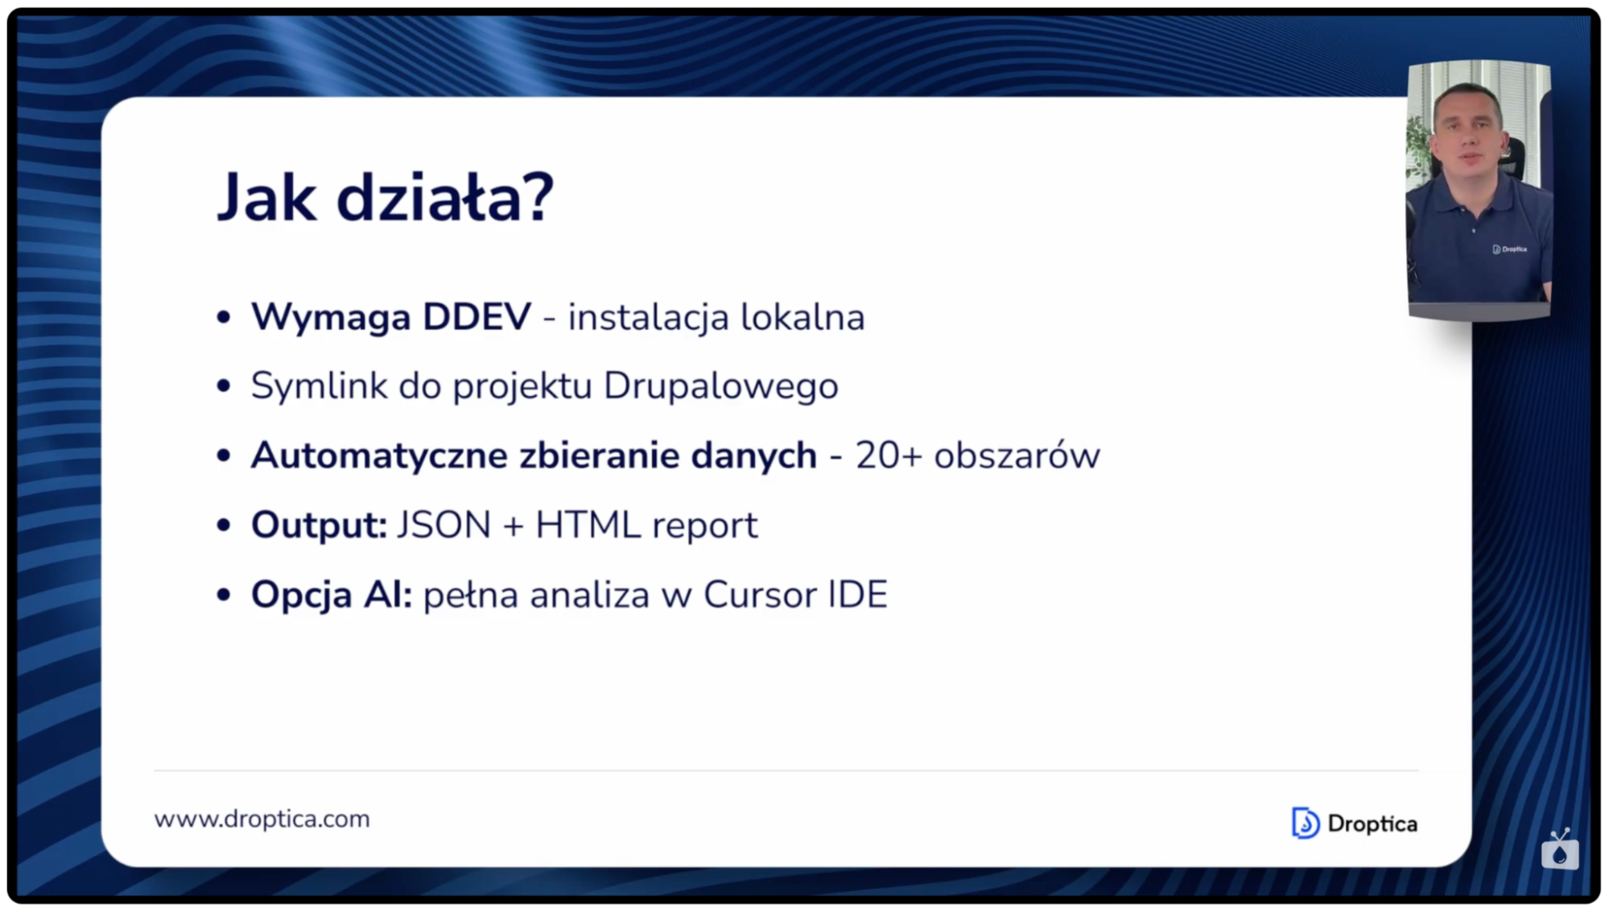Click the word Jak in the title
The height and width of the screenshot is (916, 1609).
(x=266, y=198)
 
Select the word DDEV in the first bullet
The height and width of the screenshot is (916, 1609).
(x=477, y=316)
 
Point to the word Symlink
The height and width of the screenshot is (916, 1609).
(x=319, y=386)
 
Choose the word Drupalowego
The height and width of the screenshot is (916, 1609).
(x=720, y=386)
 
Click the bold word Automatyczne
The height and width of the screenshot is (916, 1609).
(x=379, y=456)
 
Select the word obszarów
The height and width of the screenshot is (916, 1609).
(x=1017, y=456)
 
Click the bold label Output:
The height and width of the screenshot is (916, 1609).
(x=319, y=525)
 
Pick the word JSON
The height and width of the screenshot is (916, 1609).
(x=444, y=525)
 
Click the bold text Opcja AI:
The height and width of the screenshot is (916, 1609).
(x=332, y=595)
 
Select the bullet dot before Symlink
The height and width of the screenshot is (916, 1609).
(x=224, y=386)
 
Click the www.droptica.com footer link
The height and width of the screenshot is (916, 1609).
(x=262, y=819)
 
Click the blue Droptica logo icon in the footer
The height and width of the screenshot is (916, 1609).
(x=1305, y=823)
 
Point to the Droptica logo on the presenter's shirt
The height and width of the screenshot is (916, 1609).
(x=1509, y=249)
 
